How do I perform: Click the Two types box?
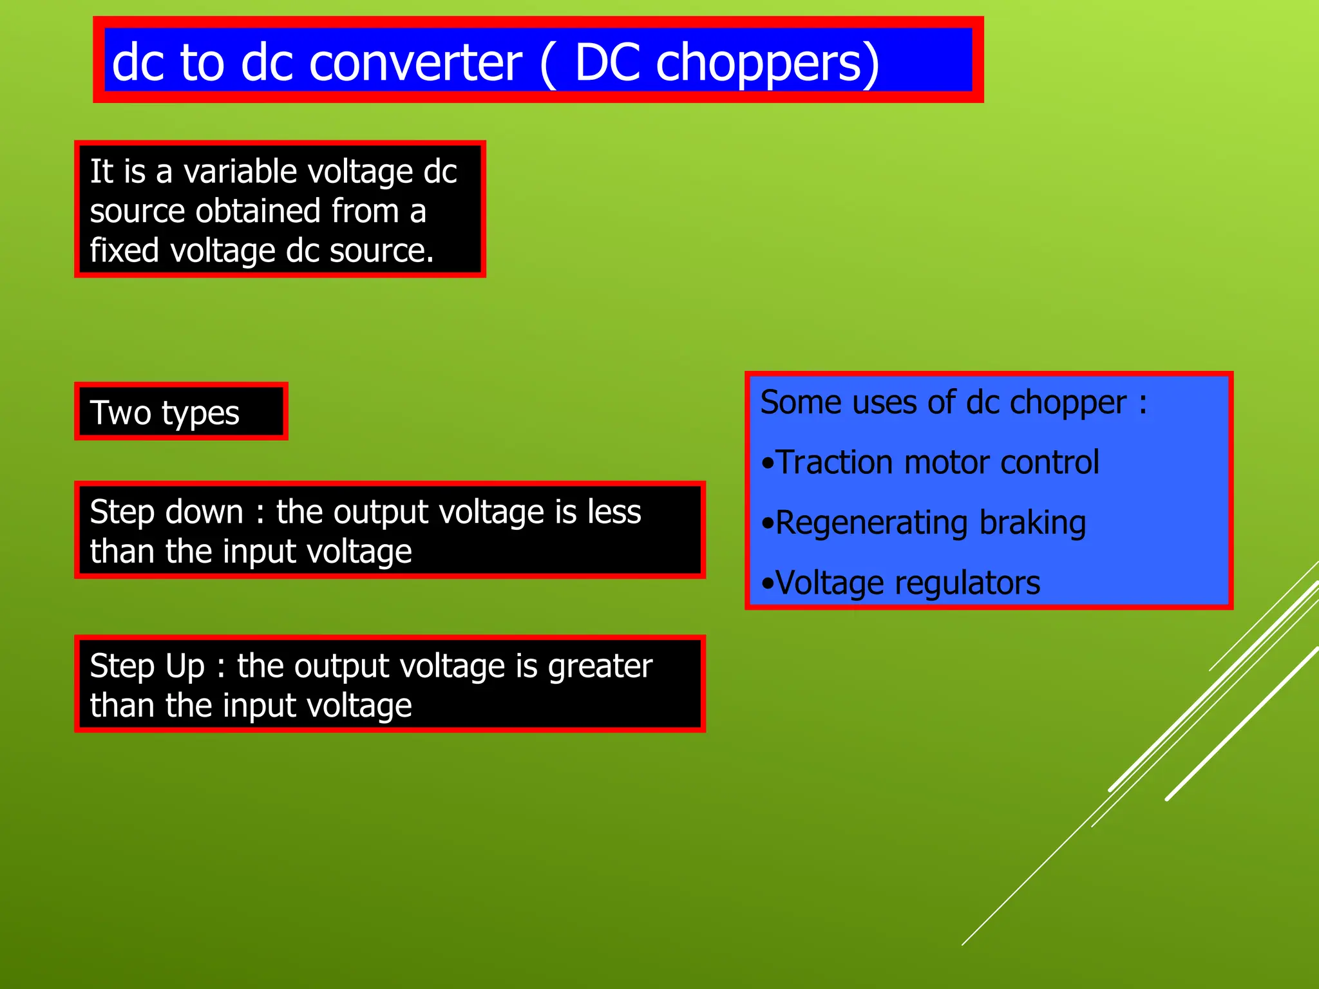click(181, 412)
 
